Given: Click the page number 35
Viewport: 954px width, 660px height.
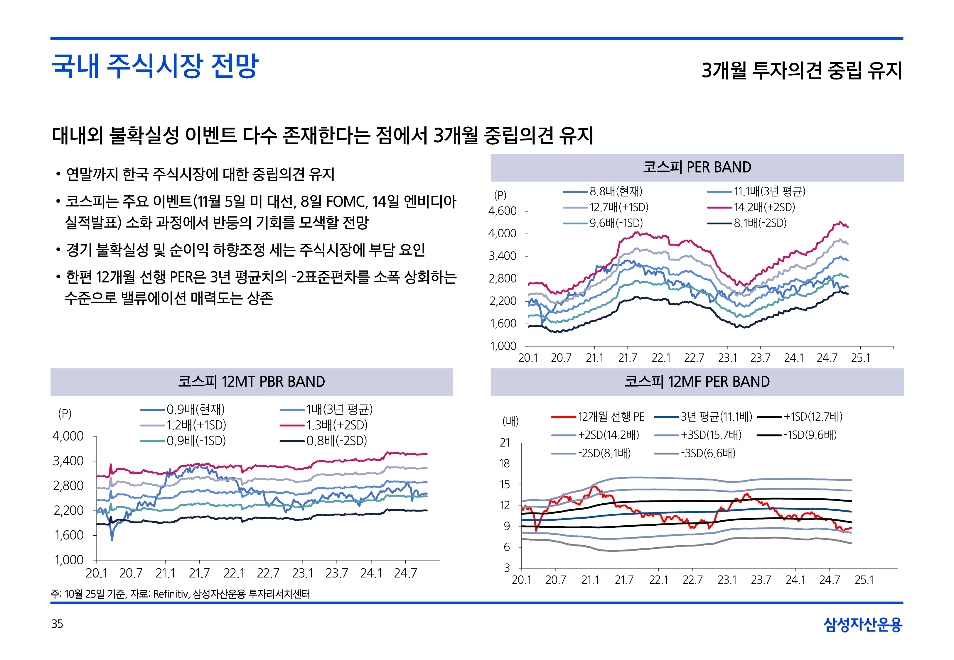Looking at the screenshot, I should [57, 624].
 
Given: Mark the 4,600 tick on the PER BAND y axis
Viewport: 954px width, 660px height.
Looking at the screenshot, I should [502, 211].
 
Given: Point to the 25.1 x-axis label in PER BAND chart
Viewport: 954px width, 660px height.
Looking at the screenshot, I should [860, 358].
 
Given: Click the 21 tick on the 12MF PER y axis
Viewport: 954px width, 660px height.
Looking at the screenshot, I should [505, 443].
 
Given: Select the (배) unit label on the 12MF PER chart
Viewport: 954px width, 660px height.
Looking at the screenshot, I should [510, 422].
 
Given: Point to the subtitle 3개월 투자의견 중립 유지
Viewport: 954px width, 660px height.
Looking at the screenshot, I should [801, 70].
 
